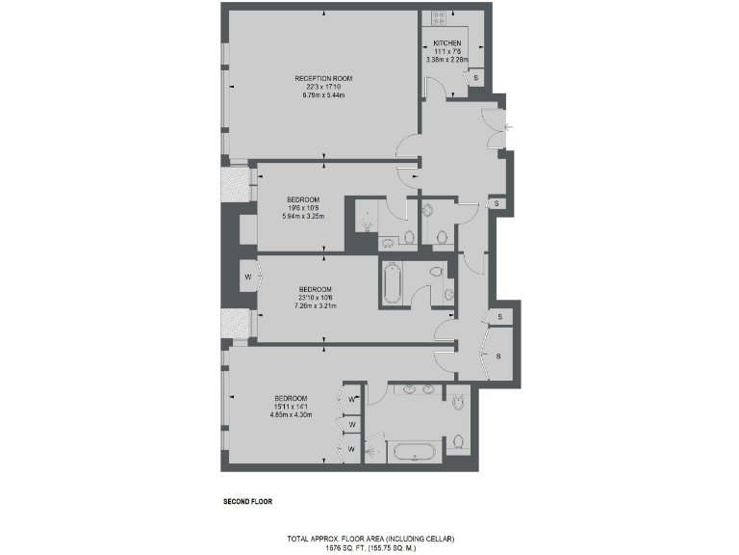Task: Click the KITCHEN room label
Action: (446, 43)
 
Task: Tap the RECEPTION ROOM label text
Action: (324, 78)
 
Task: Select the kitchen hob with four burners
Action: (436, 14)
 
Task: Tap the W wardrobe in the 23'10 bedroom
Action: (247, 277)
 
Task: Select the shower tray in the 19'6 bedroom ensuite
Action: (367, 221)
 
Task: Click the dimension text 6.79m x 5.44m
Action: (324, 95)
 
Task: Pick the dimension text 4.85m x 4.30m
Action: (291, 415)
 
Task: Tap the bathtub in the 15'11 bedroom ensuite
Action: (413, 451)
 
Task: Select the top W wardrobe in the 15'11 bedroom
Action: (352, 399)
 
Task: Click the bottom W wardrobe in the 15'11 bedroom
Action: (352, 449)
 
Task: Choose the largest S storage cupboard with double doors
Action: (499, 357)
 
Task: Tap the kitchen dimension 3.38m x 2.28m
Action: (446, 60)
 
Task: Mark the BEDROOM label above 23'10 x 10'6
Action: (315, 289)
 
